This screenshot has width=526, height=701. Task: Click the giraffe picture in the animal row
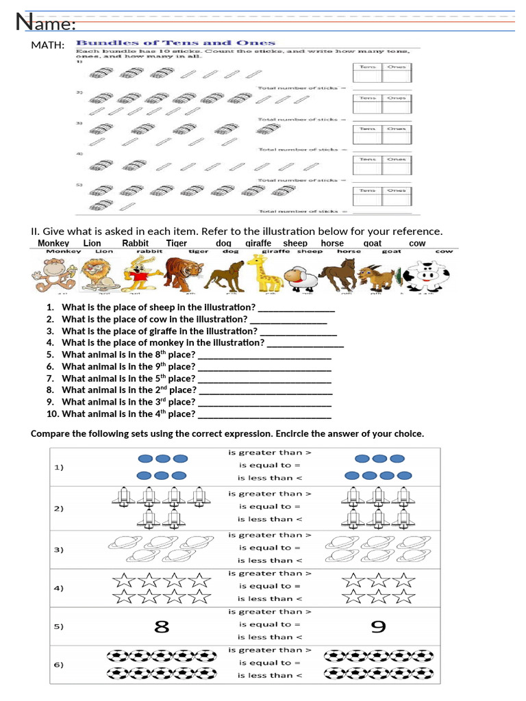click(x=261, y=274)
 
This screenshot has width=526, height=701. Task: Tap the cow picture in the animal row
click(x=426, y=277)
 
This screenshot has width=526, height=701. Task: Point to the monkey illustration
click(x=49, y=277)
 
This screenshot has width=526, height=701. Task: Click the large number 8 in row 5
click(x=162, y=626)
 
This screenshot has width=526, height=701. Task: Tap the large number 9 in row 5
click(x=378, y=626)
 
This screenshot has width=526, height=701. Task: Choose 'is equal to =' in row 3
click(x=270, y=548)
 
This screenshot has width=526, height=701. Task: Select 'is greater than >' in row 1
click(x=270, y=453)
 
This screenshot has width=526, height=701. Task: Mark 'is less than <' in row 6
click(x=270, y=675)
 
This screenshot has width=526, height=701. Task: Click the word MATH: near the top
click(x=48, y=45)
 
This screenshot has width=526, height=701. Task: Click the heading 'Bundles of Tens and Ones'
click(x=175, y=42)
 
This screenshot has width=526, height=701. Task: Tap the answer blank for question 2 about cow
click(x=288, y=320)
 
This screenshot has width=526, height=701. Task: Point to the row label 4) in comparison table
click(x=59, y=588)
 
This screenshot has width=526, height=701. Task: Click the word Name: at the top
click(x=45, y=23)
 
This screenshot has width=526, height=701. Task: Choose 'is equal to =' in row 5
click(x=270, y=624)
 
